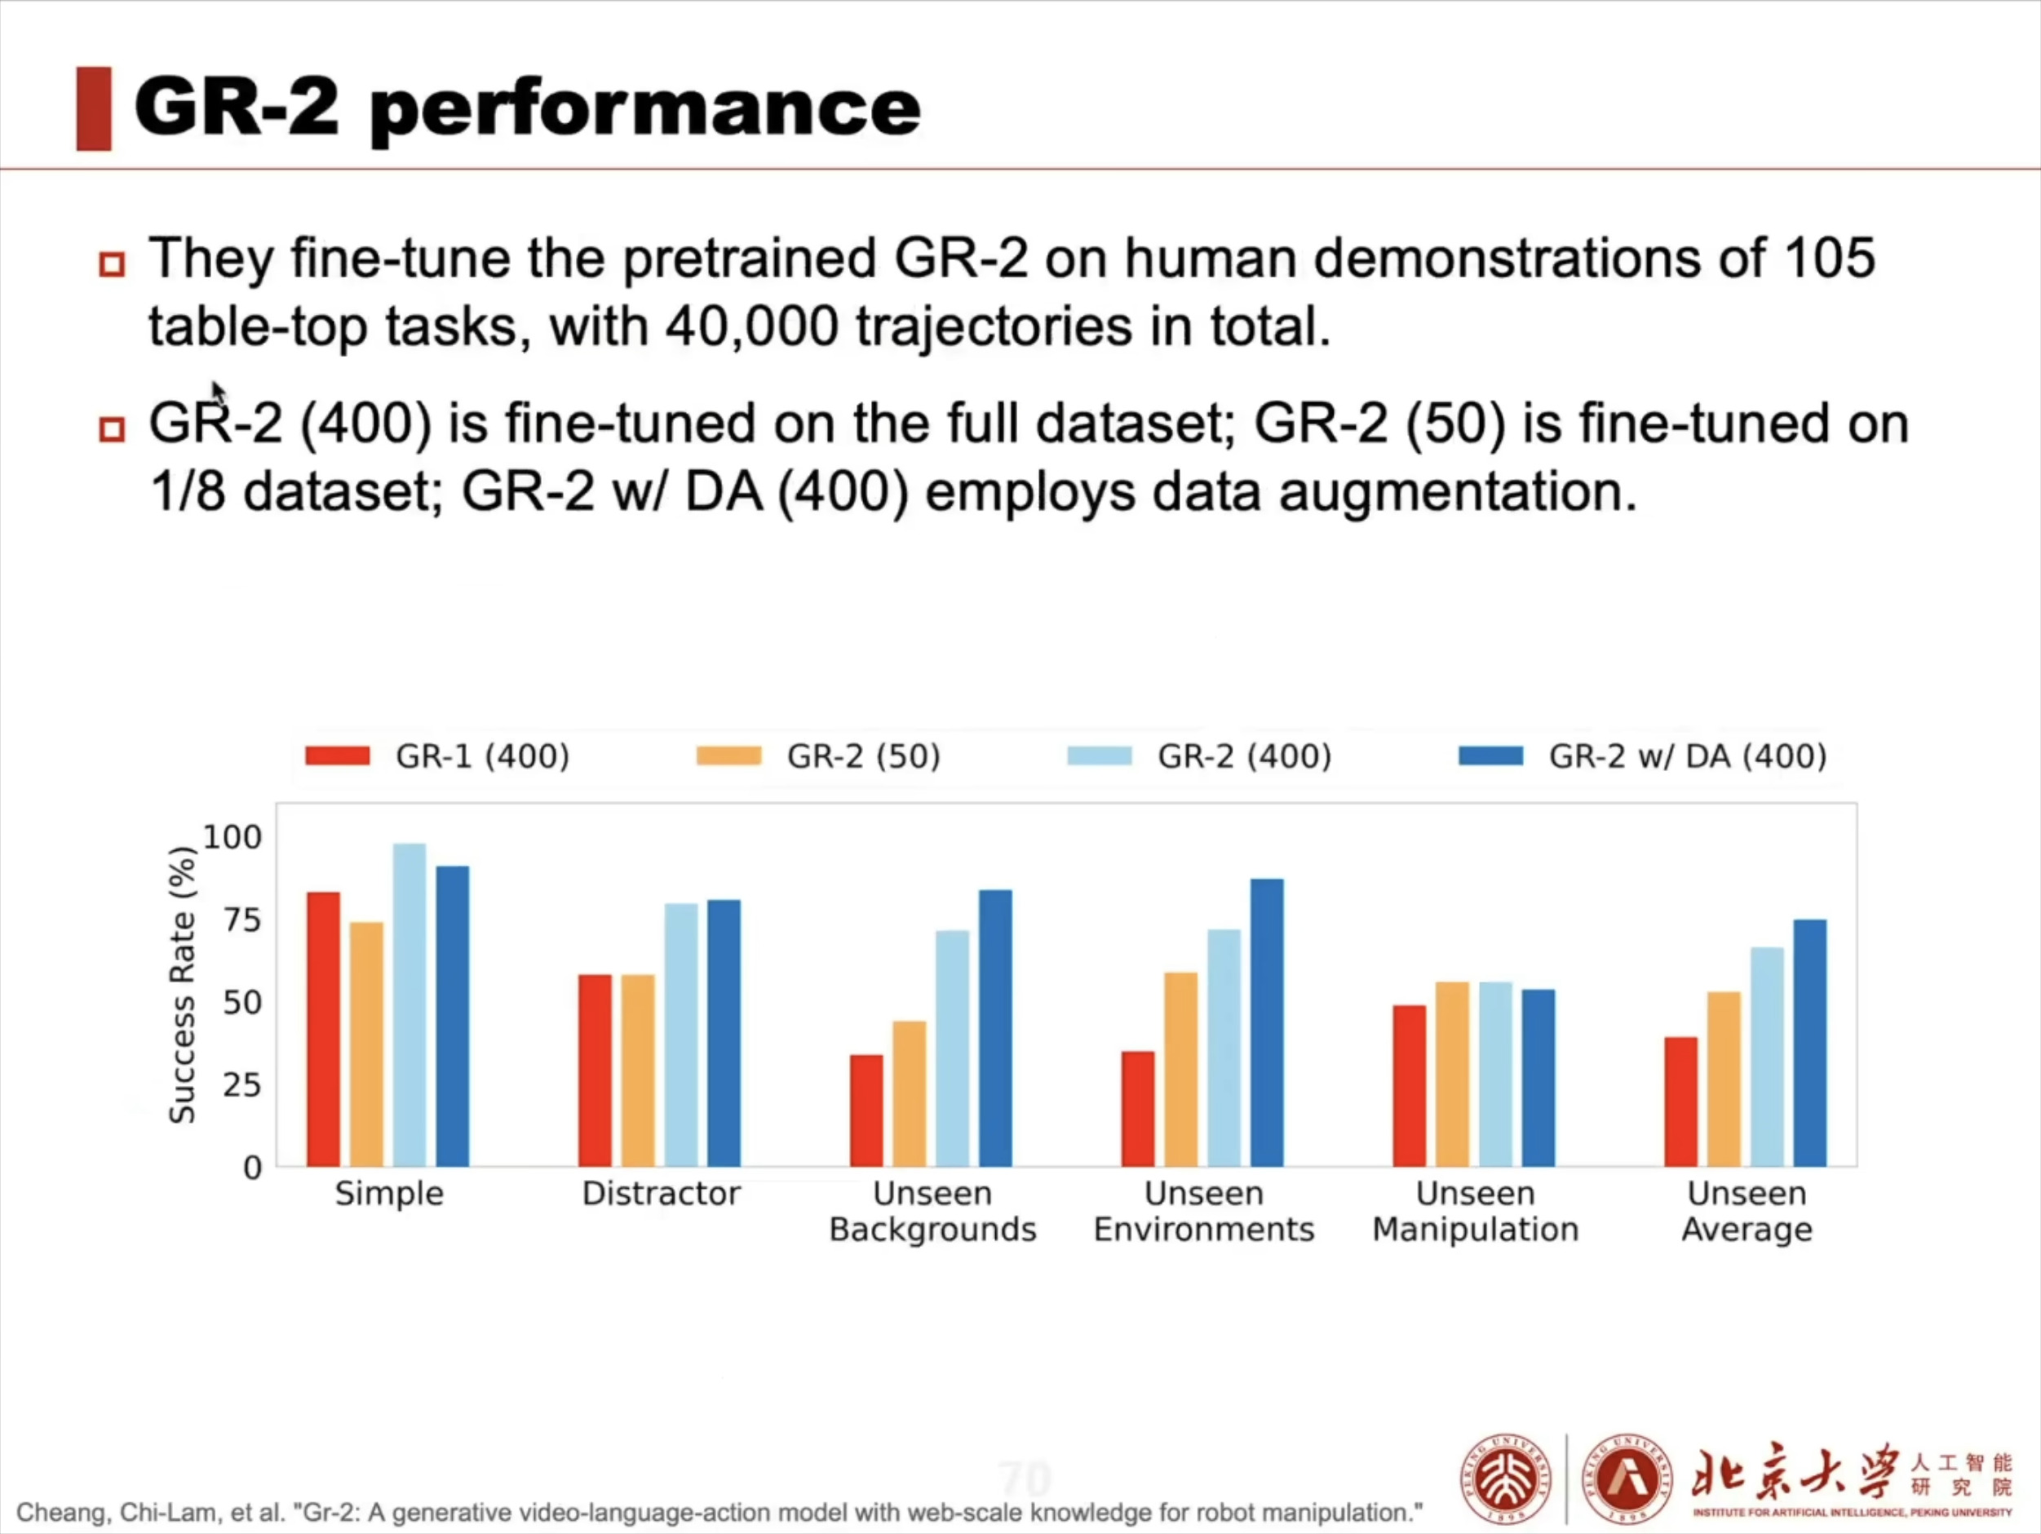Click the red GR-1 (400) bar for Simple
(x=323, y=1029)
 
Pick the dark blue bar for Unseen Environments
(x=1267, y=1022)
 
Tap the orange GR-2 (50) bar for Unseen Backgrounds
(x=909, y=1093)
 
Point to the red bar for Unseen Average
(x=1680, y=1102)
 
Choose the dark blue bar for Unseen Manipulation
(x=1538, y=1078)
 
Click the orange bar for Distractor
(x=638, y=1071)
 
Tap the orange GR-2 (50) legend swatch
(x=729, y=756)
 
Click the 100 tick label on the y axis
(x=232, y=837)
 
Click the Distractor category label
(x=661, y=1194)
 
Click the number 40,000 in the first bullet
(x=751, y=326)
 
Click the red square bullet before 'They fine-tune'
(x=112, y=265)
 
